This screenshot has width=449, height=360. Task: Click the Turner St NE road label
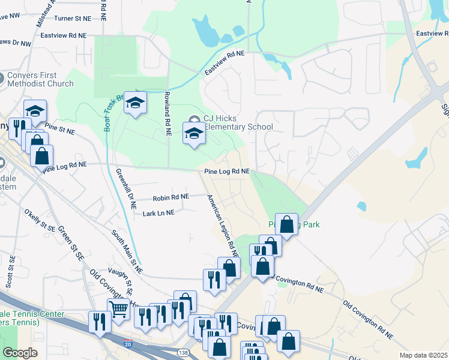(x=65, y=19)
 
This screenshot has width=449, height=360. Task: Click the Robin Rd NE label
(x=171, y=197)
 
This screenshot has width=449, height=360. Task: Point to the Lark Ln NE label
(x=158, y=213)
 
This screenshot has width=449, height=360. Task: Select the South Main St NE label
(x=127, y=252)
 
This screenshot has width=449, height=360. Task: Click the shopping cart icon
(x=119, y=310)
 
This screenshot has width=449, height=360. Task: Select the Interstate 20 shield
(x=128, y=343)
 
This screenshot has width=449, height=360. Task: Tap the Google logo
(x=20, y=353)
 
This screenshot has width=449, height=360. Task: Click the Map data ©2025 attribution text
(x=423, y=355)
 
